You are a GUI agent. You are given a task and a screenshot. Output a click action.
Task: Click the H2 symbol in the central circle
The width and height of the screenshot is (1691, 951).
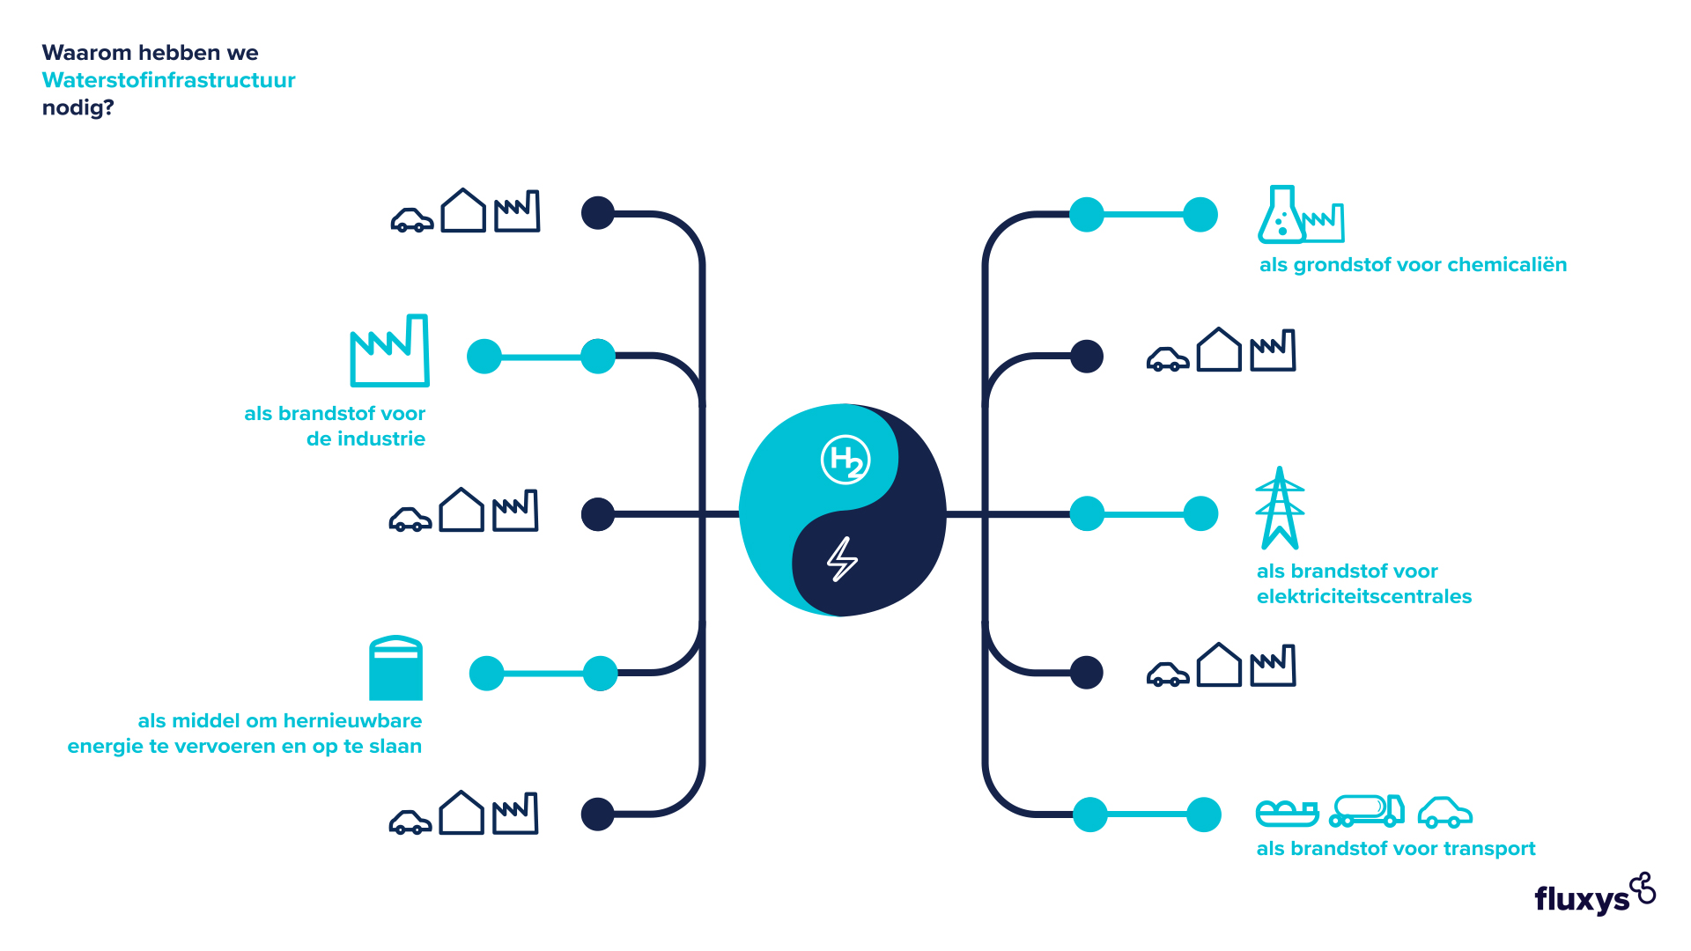(845, 460)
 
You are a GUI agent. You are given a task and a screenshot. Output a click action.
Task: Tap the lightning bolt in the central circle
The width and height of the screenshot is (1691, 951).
(843, 559)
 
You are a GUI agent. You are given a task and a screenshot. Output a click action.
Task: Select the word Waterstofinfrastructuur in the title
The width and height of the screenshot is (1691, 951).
(168, 80)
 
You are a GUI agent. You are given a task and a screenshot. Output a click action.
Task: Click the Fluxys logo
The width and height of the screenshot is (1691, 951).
(1595, 895)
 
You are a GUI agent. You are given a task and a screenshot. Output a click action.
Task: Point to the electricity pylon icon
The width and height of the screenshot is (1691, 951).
(1280, 508)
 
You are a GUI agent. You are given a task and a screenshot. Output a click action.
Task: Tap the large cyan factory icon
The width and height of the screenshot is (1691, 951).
(389, 350)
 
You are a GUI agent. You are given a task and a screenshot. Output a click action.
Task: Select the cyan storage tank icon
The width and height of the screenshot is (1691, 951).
(395, 668)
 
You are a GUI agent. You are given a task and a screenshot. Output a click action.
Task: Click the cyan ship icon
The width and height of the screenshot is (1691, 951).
(1287, 813)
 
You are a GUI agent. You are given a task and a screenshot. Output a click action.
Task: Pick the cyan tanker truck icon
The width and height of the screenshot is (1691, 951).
(1367, 810)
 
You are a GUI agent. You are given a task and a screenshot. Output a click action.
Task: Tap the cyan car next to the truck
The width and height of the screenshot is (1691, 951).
(1445, 813)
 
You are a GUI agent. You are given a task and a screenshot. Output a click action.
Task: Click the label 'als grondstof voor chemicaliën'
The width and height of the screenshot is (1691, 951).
(1413, 265)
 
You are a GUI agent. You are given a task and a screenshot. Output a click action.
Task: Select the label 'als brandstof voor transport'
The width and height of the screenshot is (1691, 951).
(1396, 849)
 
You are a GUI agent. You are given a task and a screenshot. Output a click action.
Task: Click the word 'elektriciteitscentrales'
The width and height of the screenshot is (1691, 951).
(1364, 597)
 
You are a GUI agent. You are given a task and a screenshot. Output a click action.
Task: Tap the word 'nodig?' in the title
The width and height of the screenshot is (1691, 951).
(78, 108)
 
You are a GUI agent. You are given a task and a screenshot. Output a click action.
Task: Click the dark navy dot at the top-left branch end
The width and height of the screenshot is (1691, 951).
(598, 213)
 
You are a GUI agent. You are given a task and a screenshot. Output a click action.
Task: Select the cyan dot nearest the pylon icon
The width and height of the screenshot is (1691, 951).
(1200, 514)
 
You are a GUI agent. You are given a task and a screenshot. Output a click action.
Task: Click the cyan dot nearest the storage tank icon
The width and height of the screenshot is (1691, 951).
(486, 674)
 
